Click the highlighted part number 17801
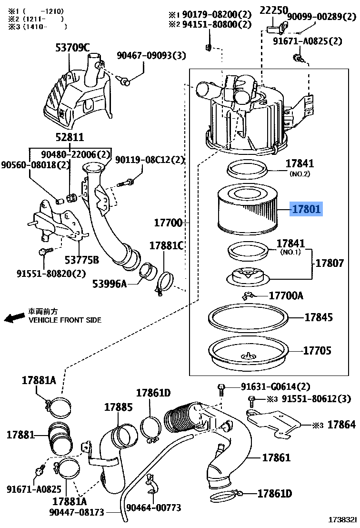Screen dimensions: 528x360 (x=306, y=209)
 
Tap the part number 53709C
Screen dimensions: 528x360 (x=71, y=47)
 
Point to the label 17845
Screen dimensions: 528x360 (x=319, y=317)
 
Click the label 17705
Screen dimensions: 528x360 (x=318, y=351)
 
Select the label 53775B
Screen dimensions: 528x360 (x=82, y=260)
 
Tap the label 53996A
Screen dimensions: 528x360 (x=110, y=284)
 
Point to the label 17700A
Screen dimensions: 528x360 (x=286, y=295)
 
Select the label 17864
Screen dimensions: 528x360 (x=341, y=424)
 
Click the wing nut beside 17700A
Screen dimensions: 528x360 (x=248, y=296)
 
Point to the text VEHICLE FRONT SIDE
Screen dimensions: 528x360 (x=65, y=320)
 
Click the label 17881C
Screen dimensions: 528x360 (x=167, y=246)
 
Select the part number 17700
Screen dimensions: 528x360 (x=168, y=222)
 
